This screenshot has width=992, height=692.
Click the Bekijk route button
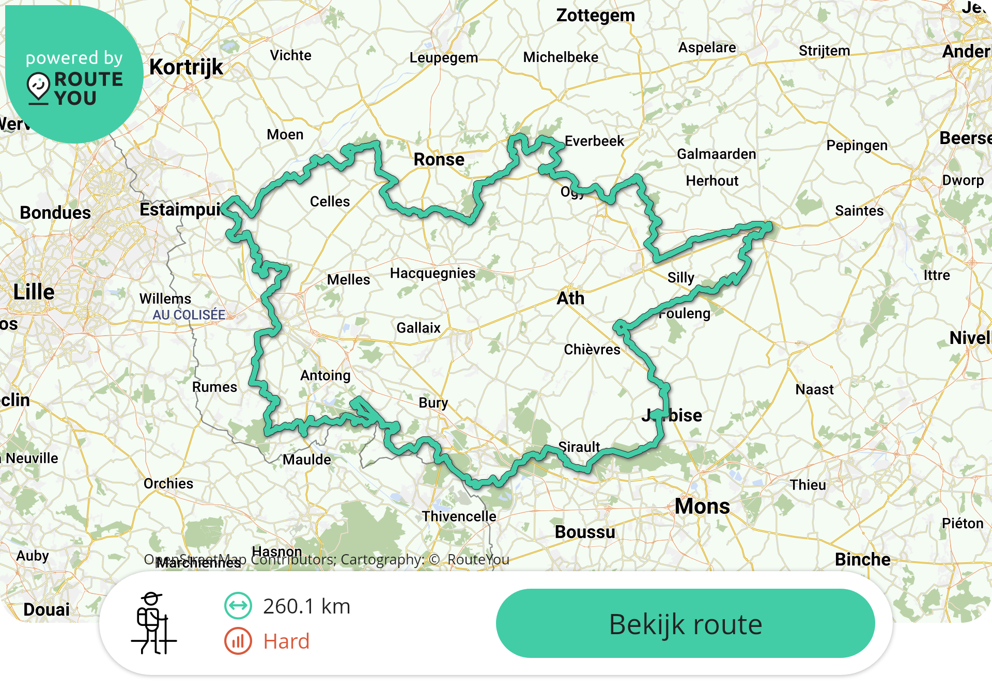[x=685, y=623]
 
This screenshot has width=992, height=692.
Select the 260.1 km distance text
[x=306, y=606]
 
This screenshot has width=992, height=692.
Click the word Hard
[x=286, y=641]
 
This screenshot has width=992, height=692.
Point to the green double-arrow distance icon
[x=238, y=606]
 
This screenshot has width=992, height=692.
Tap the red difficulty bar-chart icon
[x=238, y=641]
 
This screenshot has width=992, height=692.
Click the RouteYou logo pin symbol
[x=39, y=87]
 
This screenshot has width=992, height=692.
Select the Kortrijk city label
[x=186, y=67]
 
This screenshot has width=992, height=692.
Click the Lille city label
[x=34, y=292]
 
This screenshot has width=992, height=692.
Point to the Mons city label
[x=702, y=506]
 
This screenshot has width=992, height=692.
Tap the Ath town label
[x=570, y=298]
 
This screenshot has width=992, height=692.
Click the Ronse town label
[x=439, y=160]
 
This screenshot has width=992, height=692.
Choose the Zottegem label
[x=595, y=15]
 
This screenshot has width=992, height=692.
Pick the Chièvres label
[x=592, y=350]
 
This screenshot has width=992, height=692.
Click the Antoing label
[x=326, y=375]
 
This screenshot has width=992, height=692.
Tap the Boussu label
[x=585, y=532]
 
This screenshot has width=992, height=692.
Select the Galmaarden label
[x=716, y=154]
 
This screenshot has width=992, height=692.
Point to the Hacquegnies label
[x=432, y=273]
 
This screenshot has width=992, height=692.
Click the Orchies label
[x=168, y=483]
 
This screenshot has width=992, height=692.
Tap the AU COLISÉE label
[x=189, y=314]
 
